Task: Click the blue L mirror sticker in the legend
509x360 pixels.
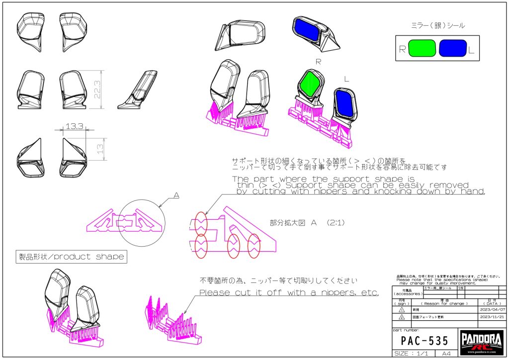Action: point(453,48)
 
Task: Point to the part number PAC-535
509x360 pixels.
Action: point(424,341)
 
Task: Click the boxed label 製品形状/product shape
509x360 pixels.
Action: point(71,257)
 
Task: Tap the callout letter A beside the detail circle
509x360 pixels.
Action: point(176,195)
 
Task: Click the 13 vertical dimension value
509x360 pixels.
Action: point(99,148)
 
